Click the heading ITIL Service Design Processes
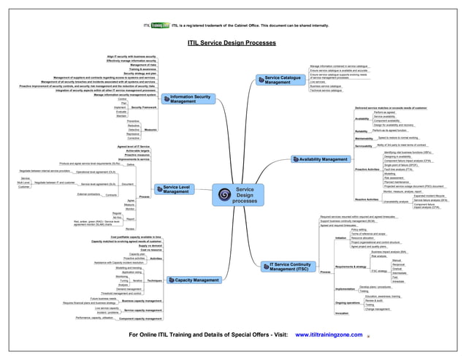(x=232, y=43)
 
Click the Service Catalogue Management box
(x=282, y=80)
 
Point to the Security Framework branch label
(x=144, y=107)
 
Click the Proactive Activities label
(x=367, y=169)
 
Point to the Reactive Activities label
(x=367, y=199)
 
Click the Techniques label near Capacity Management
(x=153, y=280)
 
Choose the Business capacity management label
(x=142, y=300)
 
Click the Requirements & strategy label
(x=350, y=267)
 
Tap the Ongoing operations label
(x=348, y=302)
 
